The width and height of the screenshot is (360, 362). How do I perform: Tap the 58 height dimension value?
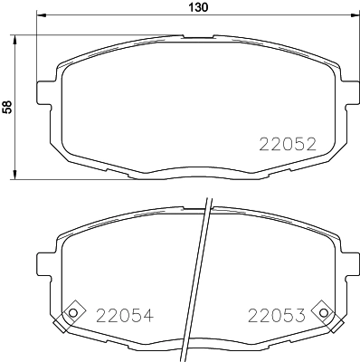(x=8, y=106)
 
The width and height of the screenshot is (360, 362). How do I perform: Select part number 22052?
(x=287, y=144)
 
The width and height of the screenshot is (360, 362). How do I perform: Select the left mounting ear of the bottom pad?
(x=42, y=262)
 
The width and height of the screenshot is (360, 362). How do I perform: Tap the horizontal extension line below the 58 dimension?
(x=90, y=179)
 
